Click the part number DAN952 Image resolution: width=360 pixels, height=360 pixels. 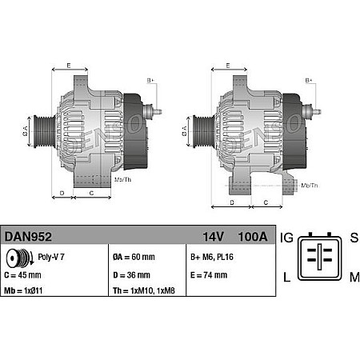tap(29, 237)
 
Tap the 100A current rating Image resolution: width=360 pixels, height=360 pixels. tap(252, 237)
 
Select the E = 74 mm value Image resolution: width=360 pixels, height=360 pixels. tap(208, 275)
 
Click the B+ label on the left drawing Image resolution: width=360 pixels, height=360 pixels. tap(150, 81)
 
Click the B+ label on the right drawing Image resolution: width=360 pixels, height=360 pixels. tap(310, 81)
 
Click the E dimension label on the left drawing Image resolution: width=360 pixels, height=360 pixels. tap(69, 65)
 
